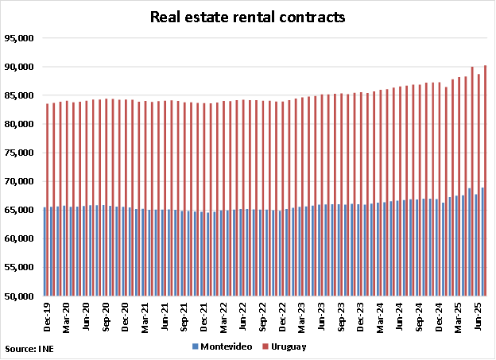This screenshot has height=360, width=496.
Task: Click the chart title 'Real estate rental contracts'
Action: coord(248,17)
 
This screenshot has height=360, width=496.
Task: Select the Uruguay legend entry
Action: coord(289,346)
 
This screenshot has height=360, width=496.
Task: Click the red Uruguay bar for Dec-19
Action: coord(48,199)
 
